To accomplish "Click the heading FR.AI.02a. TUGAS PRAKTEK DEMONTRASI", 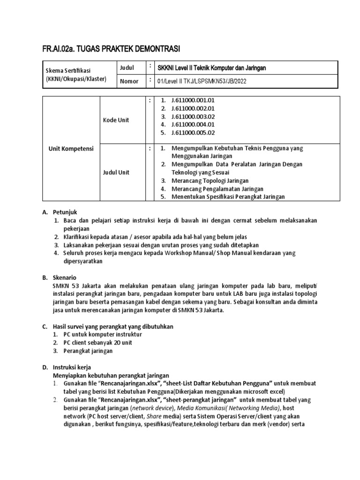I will (111, 49).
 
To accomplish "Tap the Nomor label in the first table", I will (129, 81).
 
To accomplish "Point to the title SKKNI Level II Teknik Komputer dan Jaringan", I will (211, 68).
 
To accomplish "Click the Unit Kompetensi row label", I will (72, 149).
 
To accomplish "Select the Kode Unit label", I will (116, 120).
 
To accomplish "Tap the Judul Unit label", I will (116, 172).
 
